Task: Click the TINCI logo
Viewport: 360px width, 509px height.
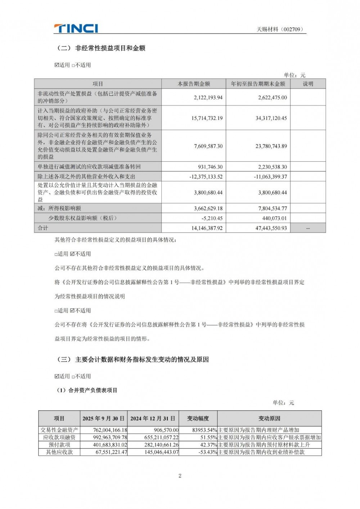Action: point(76,28)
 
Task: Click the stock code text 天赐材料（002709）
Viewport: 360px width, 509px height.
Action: point(280,30)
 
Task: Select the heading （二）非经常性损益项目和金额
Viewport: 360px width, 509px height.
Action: point(101,48)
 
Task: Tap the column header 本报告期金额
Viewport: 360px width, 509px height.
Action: point(194,84)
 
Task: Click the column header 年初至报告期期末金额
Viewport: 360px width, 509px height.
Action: point(258,84)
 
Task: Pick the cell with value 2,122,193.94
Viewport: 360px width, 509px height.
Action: point(208,98)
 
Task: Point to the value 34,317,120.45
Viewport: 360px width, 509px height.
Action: point(271,118)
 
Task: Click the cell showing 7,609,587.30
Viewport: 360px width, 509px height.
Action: point(208,146)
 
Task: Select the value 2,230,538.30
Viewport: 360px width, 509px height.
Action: point(273,167)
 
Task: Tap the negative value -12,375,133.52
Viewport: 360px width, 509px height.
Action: point(206,177)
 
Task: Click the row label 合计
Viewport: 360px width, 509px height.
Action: point(43,228)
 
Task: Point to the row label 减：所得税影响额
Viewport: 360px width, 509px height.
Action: point(59,208)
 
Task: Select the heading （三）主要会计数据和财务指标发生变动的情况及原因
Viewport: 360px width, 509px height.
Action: point(133,360)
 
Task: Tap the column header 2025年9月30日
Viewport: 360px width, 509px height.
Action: point(104,419)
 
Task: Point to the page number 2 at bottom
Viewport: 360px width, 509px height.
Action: point(180,476)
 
